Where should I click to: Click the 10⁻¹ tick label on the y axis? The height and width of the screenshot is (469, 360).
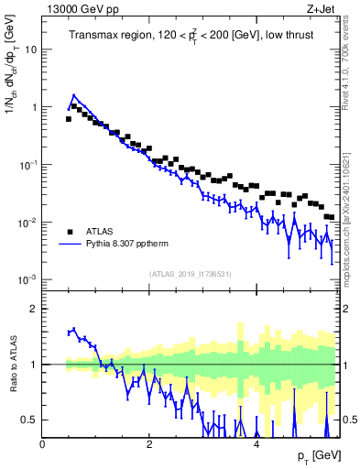(28, 165)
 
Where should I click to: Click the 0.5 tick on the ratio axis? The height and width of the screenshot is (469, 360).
(29, 420)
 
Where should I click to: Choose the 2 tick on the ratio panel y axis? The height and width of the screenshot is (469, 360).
(33, 309)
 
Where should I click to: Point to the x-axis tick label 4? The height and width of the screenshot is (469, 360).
(256, 443)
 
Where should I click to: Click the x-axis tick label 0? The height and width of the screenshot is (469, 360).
(43, 443)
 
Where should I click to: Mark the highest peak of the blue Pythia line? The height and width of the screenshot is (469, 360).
(74, 94)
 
